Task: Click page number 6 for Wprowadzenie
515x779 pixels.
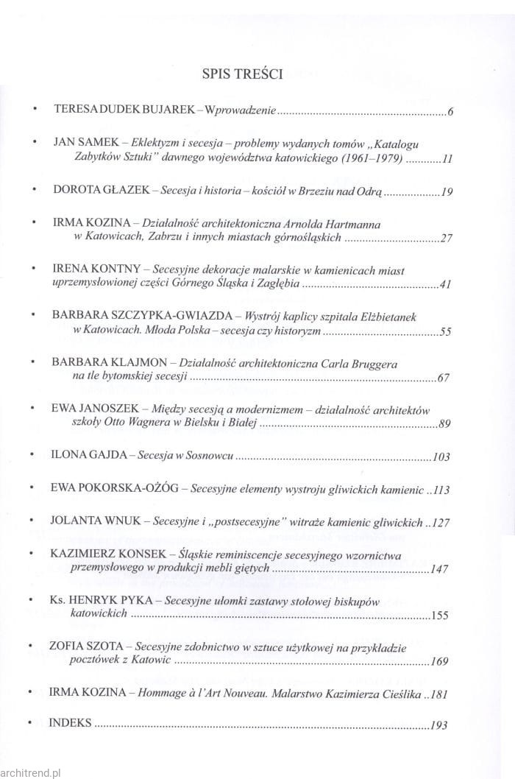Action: tap(449, 113)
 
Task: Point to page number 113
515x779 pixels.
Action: tap(441, 489)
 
